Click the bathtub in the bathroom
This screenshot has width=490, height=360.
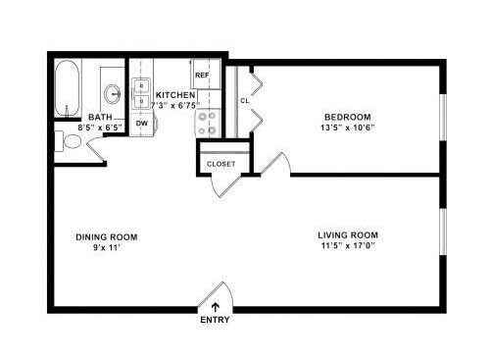pos(67,87)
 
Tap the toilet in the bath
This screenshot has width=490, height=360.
pos(68,141)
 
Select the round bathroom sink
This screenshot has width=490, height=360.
pos(113,94)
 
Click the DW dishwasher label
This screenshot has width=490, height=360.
pos(142,124)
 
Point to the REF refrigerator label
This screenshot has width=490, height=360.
pos(202,76)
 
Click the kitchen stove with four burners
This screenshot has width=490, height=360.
pos(208,123)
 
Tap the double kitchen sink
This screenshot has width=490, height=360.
pos(141,93)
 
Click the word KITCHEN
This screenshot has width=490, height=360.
pos(175,95)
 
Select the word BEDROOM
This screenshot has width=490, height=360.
pos(348,117)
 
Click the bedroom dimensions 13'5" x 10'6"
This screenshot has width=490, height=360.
pos(348,128)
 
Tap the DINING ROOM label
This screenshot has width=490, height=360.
pos(107,237)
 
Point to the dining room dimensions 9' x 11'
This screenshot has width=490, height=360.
pos(107,247)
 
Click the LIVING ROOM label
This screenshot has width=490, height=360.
pos(348,235)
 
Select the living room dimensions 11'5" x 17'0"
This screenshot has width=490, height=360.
pos(348,245)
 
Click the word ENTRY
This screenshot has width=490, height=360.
pos(215,320)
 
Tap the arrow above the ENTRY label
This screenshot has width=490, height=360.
pos(216,307)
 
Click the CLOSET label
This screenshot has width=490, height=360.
pos(220,164)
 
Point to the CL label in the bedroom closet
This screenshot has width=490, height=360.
pos(245,101)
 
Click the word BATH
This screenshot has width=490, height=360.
pos(100,117)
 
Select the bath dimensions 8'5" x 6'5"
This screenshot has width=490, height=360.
pos(100,128)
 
